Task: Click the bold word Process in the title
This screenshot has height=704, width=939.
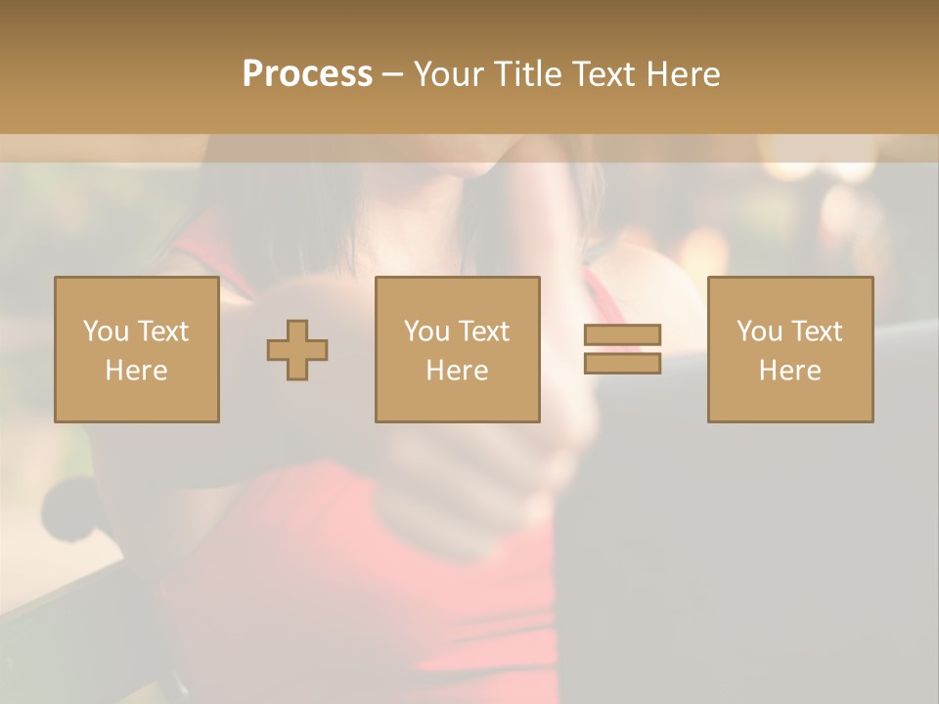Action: click(x=307, y=74)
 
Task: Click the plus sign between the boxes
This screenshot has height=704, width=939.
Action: click(x=297, y=350)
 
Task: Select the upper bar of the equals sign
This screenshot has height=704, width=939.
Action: click(x=622, y=335)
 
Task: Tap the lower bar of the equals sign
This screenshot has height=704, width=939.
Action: click(x=622, y=363)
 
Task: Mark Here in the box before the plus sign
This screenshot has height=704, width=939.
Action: click(x=136, y=371)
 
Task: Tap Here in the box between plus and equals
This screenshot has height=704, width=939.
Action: click(x=457, y=371)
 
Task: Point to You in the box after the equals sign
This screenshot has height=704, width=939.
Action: click(x=759, y=331)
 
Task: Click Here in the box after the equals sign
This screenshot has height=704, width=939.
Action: click(x=789, y=371)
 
